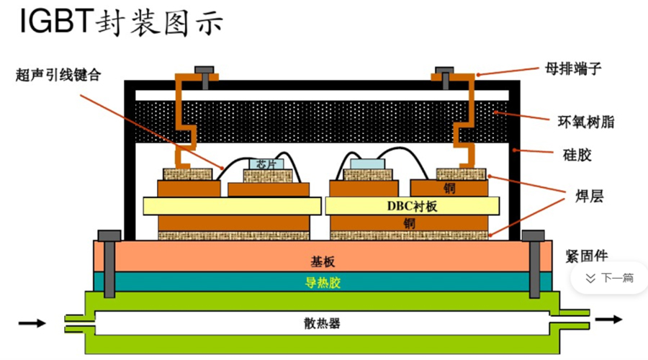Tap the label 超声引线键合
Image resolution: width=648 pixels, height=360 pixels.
coord(54,74)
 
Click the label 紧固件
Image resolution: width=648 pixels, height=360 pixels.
coord(586,255)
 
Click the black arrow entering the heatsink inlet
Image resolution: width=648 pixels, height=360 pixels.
coord(31,323)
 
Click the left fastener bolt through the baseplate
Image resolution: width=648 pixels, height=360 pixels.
coord(109,266)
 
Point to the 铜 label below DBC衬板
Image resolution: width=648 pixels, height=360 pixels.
coord(409,223)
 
